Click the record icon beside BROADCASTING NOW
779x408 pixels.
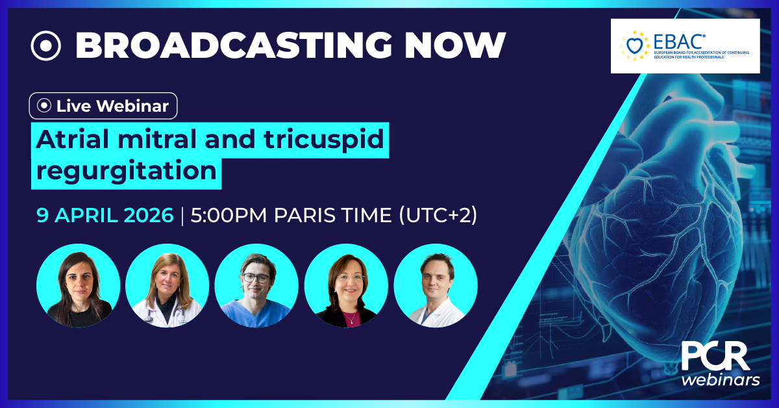(45, 45)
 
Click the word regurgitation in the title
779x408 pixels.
(126, 172)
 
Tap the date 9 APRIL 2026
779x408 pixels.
(105, 216)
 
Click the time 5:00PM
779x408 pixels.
(230, 216)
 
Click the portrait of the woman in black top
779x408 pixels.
(79, 286)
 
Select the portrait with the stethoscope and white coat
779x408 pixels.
(167, 286)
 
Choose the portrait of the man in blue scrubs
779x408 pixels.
(256, 286)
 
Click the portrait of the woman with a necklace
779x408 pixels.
(346, 286)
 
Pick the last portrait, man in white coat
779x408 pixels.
(436, 286)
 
